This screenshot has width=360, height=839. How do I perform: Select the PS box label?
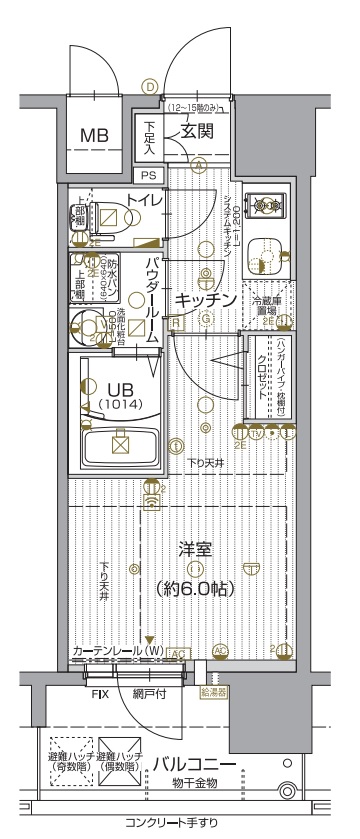(147, 173)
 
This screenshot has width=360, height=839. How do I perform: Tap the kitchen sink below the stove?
(264, 256)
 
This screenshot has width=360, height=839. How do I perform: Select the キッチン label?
(206, 300)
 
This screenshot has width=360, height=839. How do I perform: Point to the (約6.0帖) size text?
(196, 588)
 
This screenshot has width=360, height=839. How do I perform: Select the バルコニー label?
(195, 765)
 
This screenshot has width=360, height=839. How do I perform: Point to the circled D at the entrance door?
(150, 88)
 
